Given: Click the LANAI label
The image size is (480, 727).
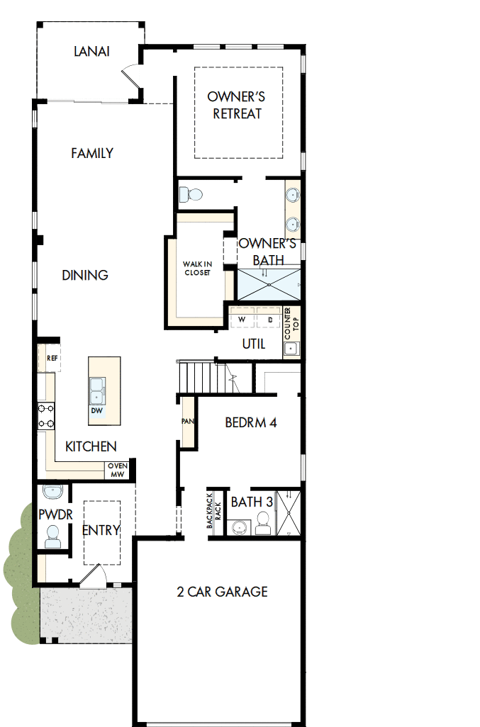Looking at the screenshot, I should [x=91, y=51].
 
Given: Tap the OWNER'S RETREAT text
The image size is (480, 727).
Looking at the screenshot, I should [x=236, y=105].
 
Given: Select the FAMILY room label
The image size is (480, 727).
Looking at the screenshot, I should [x=92, y=153].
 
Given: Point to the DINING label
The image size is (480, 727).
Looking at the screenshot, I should [x=85, y=275].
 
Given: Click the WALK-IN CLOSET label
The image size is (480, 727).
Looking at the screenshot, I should [x=197, y=269].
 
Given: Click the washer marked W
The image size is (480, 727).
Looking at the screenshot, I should [x=242, y=320].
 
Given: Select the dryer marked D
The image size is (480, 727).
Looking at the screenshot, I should [x=269, y=320].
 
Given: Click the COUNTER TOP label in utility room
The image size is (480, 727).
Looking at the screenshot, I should [x=288, y=322].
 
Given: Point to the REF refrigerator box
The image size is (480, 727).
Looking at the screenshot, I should [x=51, y=359].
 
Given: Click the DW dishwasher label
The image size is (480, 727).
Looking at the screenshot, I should [x=96, y=411].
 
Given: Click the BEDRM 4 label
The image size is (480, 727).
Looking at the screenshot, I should [x=250, y=423].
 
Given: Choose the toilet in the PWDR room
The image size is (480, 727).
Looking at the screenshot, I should [x=52, y=537].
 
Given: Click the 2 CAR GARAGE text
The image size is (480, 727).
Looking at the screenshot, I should [x=222, y=592].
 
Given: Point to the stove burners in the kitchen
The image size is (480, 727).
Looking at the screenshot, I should [x=46, y=416].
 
